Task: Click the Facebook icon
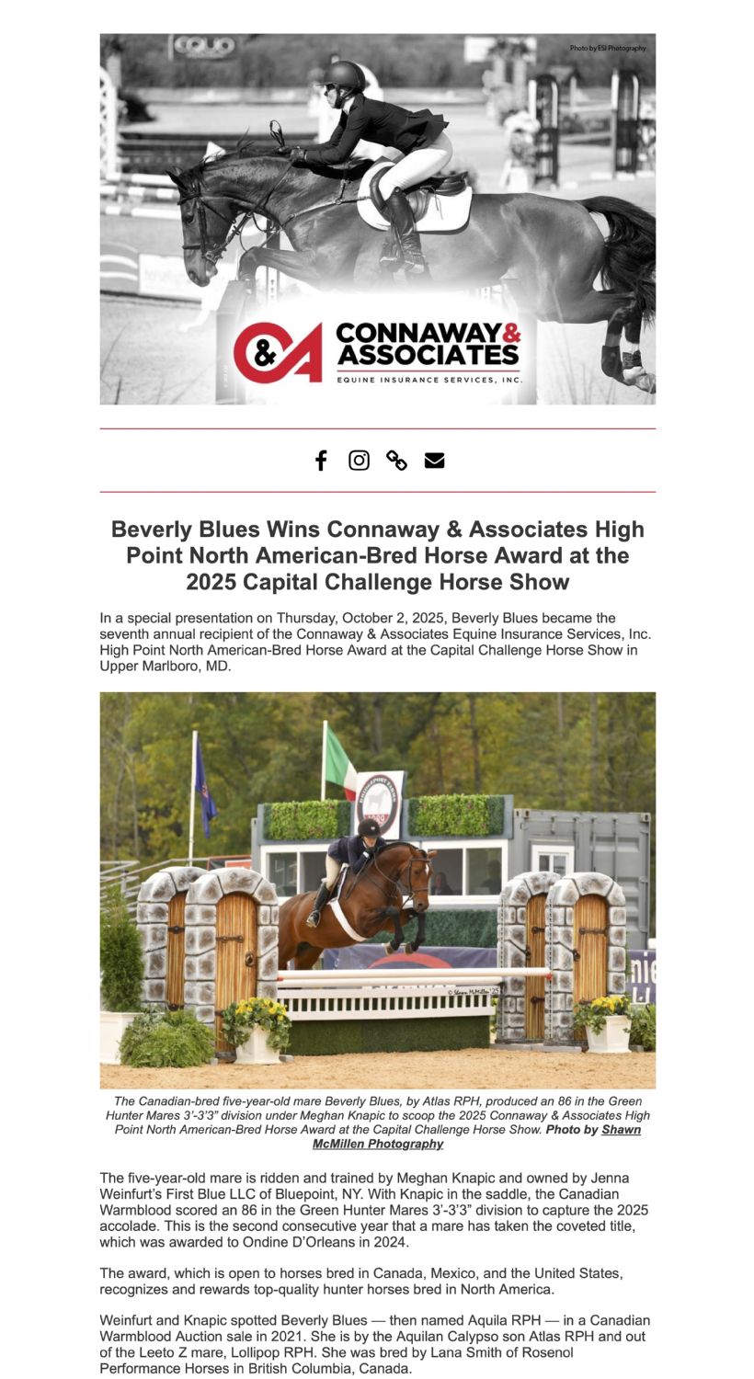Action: pos(321,461)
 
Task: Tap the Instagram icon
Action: pos(359,461)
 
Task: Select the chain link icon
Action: pos(396,461)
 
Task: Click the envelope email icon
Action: pos(434,461)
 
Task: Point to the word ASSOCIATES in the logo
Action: pos(428,354)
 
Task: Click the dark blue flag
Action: pos(204,786)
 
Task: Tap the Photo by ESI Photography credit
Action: pos(607,48)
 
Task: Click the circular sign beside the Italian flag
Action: pos(379,803)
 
